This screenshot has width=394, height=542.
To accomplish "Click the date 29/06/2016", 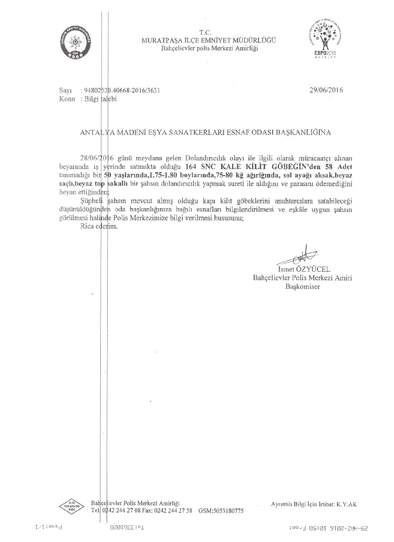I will click(326, 90).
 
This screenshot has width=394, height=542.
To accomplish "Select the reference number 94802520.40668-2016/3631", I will click(121, 90).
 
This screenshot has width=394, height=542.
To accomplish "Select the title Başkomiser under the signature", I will click(302, 287).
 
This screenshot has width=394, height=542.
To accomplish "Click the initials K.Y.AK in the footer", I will click(346, 504).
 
